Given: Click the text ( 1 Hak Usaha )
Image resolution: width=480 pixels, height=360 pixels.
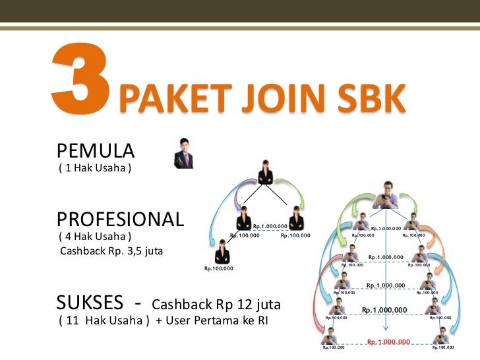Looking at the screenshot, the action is coord(95,167).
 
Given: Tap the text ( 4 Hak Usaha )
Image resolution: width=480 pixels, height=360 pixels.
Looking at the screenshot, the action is coord(95,236).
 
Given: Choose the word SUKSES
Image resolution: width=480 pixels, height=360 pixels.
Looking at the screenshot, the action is coord(90,303).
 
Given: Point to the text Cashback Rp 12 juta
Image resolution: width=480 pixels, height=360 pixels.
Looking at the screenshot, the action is coord(216,305).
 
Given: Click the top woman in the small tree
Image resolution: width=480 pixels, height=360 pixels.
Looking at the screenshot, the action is coord(266,173).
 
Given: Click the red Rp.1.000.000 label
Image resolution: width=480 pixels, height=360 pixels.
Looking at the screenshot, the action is coord(388,342).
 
